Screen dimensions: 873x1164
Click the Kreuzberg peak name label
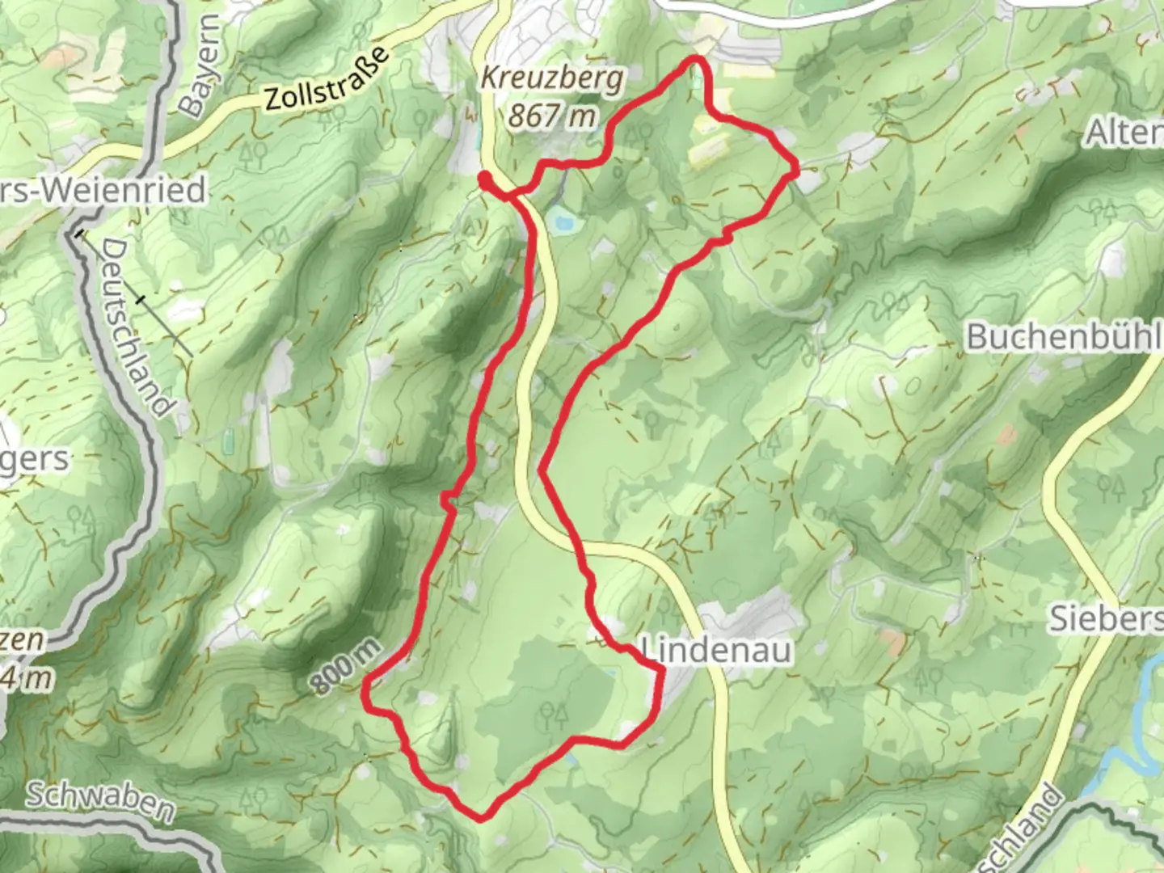pyautogui.click(x=552, y=79)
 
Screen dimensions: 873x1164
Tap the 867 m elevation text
pyautogui.click(x=552, y=116)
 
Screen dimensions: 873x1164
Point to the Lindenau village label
pyautogui.click(x=716, y=650)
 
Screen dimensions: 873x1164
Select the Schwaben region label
pyautogui.click(x=100, y=800)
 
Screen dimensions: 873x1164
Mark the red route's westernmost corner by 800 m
pyautogui.click(x=365, y=686)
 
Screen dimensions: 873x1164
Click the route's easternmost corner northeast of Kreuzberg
pyautogui.click(x=796, y=170)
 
